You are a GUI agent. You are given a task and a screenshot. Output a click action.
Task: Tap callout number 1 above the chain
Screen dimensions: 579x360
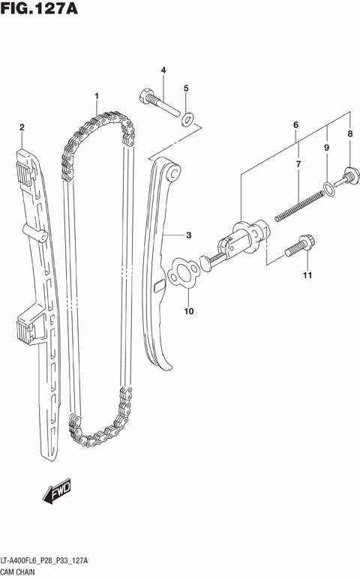tap(97, 95)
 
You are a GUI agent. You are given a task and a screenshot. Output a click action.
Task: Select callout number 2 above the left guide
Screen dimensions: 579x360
tap(22, 127)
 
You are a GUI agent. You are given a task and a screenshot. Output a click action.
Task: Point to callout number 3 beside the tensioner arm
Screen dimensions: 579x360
tap(163, 70)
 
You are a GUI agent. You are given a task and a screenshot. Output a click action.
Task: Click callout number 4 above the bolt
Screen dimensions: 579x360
tap(186, 88)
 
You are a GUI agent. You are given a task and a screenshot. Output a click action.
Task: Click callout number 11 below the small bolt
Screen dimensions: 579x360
tap(305, 277)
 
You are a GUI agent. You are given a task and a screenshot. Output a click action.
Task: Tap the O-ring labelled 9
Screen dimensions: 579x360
tap(326, 187)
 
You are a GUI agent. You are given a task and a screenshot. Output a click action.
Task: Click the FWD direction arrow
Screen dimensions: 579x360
tap(56, 491)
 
